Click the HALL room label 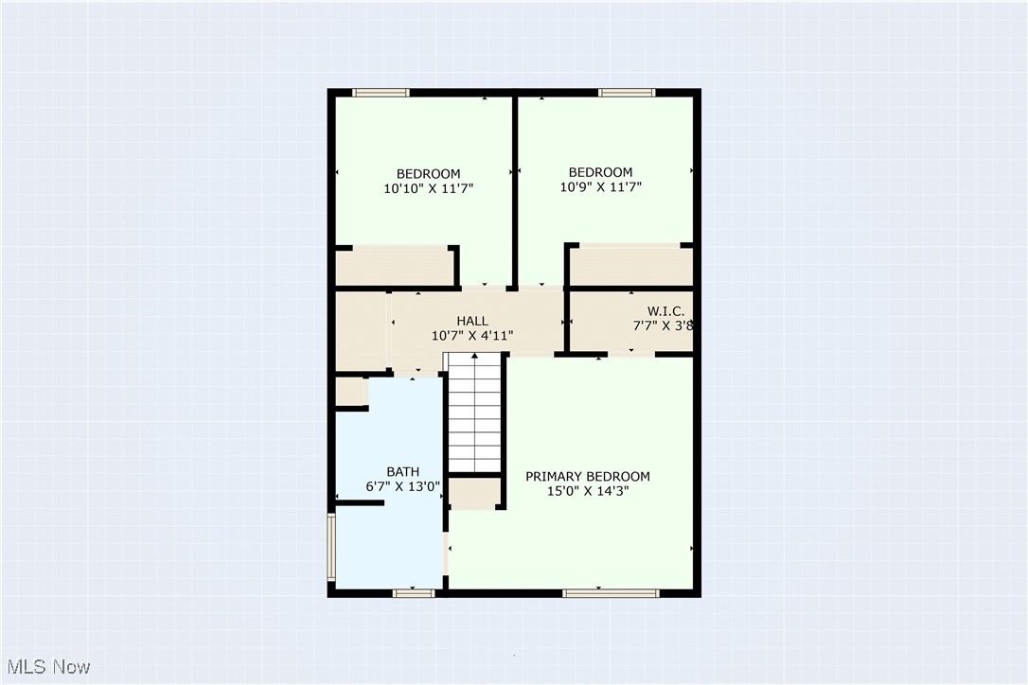point(472,321)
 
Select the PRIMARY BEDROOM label point(588,476)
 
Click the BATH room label point(402,472)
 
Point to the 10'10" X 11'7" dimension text point(428,188)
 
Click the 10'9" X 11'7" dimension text point(600,186)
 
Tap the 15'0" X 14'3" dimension point(588,491)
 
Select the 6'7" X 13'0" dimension point(402,486)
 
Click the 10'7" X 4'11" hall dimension point(472,335)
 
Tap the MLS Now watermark point(45,667)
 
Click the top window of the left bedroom point(381,93)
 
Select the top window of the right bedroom point(627,93)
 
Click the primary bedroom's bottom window point(611,593)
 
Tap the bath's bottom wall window point(414,593)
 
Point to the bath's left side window point(331,546)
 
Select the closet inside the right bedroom point(630,265)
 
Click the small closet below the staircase point(474,492)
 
